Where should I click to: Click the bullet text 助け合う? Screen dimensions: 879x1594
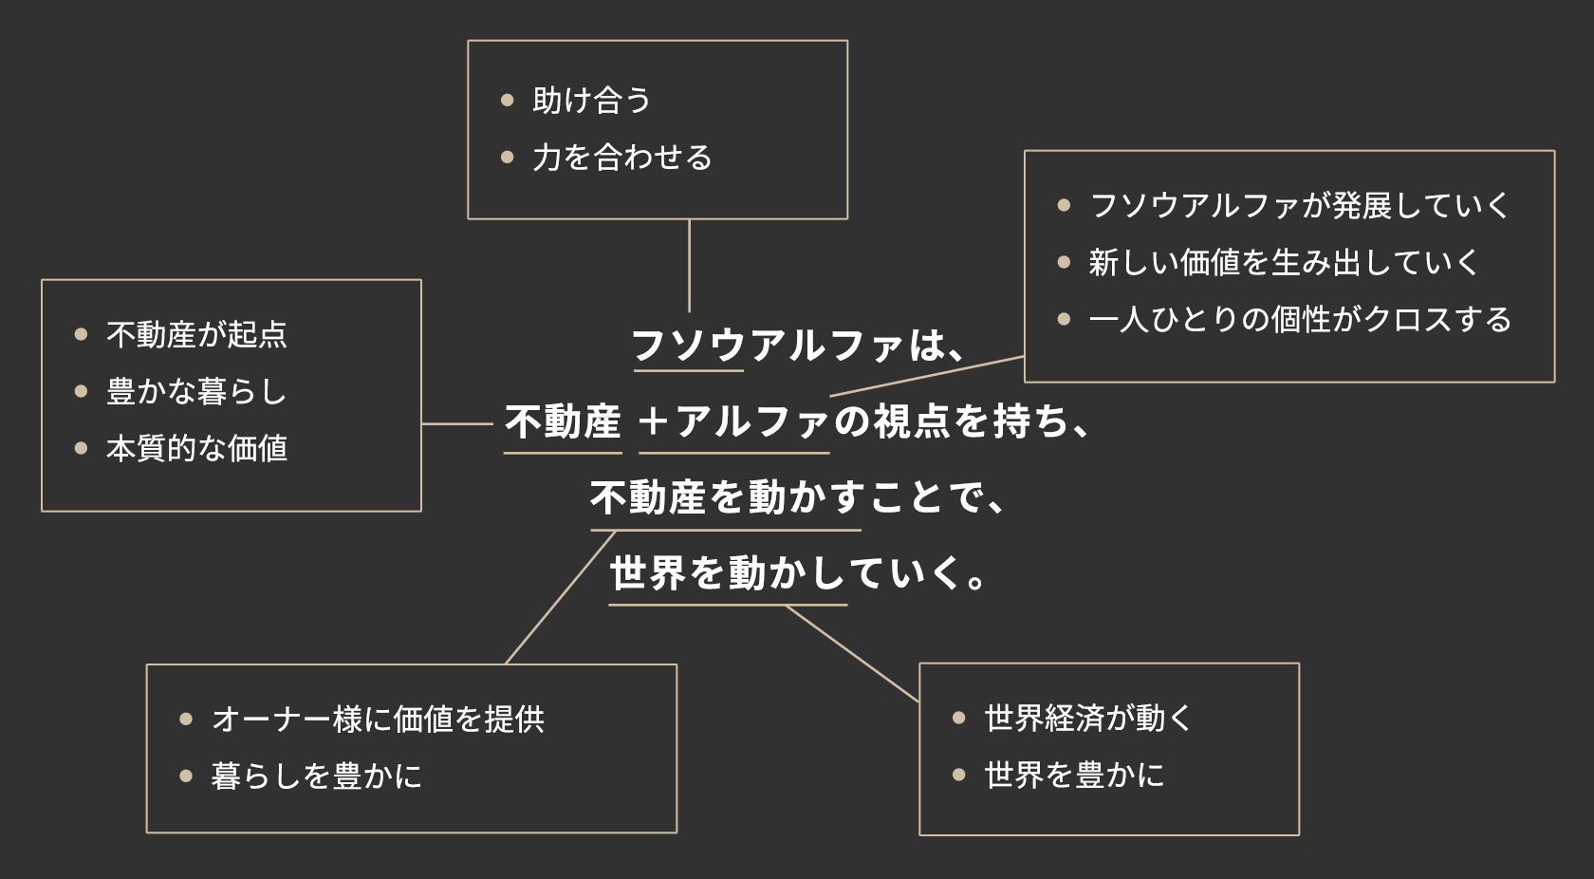591,101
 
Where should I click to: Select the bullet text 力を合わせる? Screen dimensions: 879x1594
621,158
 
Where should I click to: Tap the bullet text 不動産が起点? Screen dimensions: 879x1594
196,334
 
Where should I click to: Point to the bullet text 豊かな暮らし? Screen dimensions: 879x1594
196,391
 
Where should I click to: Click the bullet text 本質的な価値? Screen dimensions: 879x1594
196,448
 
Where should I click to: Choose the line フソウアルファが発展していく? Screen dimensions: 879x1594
1299,205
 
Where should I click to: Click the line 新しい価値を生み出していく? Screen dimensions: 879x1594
1284,262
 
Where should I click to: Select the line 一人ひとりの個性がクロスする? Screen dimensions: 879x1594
1300,319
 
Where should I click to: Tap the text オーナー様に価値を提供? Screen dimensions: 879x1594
378,720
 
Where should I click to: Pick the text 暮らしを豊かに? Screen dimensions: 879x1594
317,776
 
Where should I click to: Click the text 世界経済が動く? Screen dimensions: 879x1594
1087,719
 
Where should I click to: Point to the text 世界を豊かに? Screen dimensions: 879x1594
1074,776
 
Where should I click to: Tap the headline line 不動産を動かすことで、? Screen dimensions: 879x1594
797,497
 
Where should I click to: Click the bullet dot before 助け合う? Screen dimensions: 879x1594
508,100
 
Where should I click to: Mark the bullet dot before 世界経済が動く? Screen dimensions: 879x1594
959,719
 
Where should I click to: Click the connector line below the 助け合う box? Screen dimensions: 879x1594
689,266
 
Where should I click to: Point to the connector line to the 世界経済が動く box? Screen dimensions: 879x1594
852,653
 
